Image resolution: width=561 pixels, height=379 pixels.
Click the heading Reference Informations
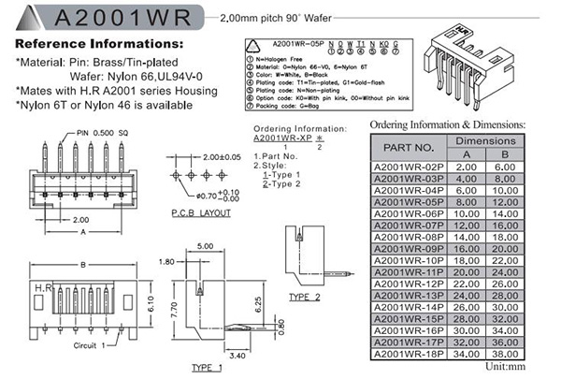(99, 44)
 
